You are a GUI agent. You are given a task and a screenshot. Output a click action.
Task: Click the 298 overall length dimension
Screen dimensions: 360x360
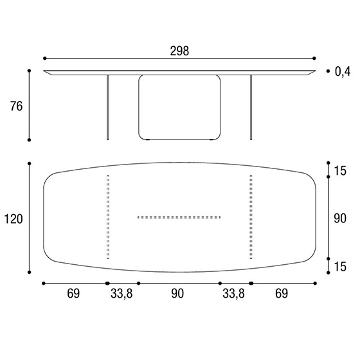click(179, 51)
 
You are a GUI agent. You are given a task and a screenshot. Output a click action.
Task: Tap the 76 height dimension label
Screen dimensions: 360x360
click(16, 106)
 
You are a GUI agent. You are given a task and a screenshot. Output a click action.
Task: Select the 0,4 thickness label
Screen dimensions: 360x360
click(343, 71)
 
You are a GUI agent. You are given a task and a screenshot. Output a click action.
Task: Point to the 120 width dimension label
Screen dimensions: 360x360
click(14, 219)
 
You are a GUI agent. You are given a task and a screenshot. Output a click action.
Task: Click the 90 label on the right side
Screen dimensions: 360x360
click(340, 219)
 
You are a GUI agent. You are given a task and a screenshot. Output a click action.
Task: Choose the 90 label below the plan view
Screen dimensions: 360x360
click(177, 294)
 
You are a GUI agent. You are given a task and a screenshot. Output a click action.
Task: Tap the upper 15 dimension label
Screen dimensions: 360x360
click(340, 171)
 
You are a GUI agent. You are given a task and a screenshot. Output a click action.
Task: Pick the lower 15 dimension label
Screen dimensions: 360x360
click(340, 267)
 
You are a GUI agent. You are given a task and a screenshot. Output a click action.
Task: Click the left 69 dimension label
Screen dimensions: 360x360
click(73, 294)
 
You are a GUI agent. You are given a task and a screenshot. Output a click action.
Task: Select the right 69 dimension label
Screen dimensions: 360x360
click(282, 294)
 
